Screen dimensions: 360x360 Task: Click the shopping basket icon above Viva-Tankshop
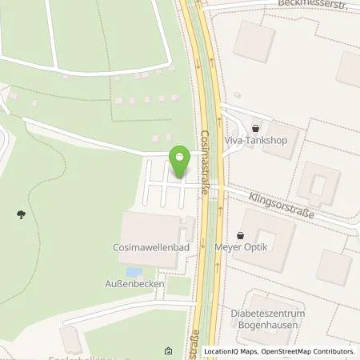(255, 128)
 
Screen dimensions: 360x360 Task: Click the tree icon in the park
(20, 214)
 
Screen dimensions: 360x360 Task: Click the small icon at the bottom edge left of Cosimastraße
(169, 351)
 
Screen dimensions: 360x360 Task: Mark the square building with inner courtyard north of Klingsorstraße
(318, 183)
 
